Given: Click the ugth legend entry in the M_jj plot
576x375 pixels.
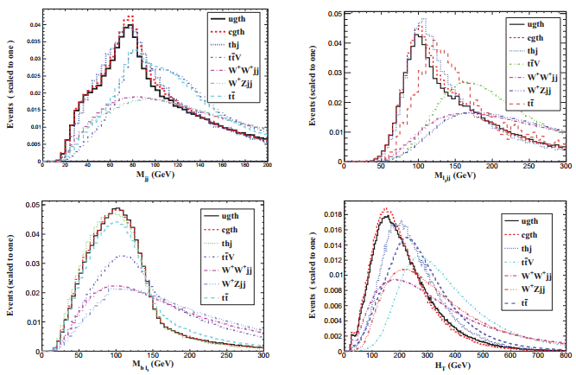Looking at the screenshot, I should click(239, 16).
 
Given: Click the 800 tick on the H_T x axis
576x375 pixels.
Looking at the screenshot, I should click(563, 354).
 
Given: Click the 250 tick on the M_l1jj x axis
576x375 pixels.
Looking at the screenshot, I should click(528, 164).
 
